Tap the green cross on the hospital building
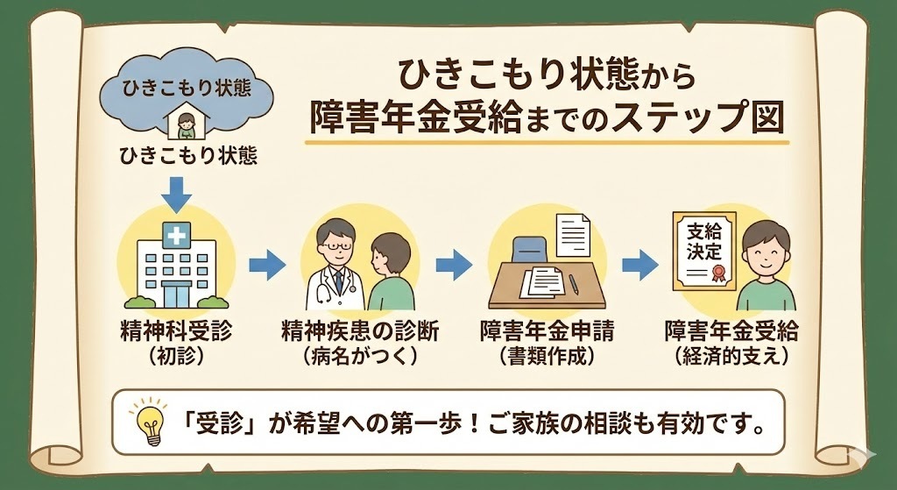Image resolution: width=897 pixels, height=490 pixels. [177, 234]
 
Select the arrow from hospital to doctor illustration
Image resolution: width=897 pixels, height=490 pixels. [267, 263]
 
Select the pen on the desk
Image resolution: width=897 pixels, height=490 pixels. [574, 283]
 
